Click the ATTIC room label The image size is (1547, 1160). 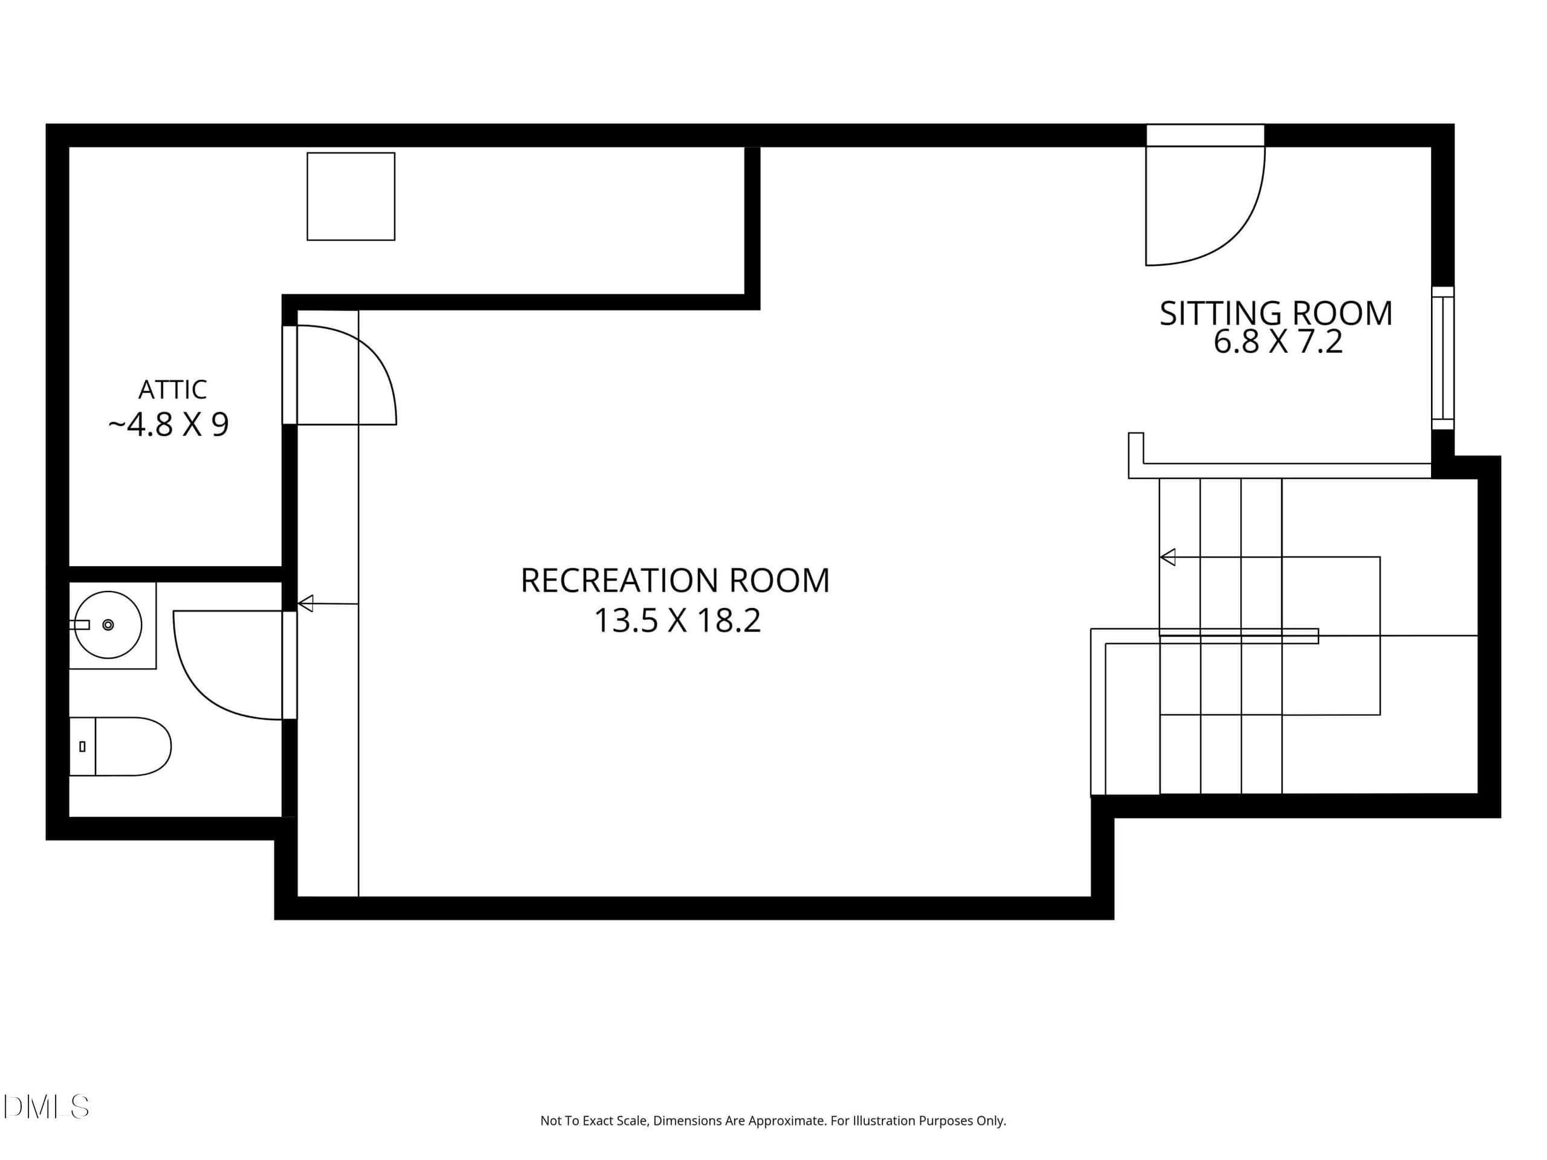173,390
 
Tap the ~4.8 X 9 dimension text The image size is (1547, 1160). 169,424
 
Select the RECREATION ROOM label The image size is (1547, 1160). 675,581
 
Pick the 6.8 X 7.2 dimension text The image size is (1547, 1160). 1277,342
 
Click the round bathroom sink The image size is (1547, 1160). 108,624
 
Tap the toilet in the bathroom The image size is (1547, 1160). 120,746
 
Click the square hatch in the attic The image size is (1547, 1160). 351,196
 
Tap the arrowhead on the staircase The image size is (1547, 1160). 1168,557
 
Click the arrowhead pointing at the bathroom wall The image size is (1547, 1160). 306,603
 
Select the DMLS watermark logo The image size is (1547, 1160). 46,1107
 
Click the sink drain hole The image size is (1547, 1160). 108,624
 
